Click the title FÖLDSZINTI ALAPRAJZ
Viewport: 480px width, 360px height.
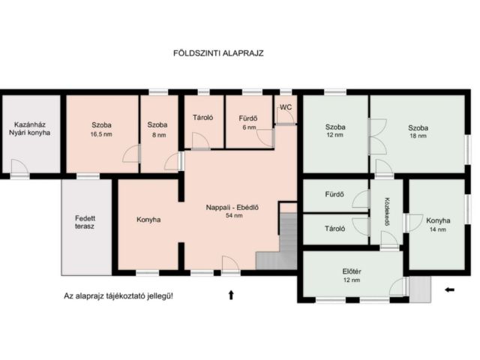[x=218, y=53]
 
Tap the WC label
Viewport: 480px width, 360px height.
[x=286, y=107]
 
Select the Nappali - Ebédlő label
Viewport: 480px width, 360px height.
[x=232, y=208]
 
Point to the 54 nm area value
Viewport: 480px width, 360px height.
[x=234, y=215]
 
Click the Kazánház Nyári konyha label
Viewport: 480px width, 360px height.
[x=30, y=129]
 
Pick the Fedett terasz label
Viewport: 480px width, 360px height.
[x=85, y=223]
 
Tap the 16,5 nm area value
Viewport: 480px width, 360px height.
[x=101, y=134]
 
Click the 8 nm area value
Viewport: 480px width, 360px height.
[x=159, y=135]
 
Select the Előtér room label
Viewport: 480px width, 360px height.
[x=352, y=271]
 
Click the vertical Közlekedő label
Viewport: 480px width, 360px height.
[x=387, y=211]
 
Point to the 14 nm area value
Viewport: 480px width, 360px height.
[x=438, y=229]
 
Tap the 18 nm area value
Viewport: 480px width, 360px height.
[x=418, y=136]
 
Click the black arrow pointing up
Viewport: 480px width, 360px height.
[x=231, y=295]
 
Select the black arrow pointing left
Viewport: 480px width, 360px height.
[x=450, y=289]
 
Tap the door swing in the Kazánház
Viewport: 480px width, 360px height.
[x=20, y=167]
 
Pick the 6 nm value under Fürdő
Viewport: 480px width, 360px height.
[x=249, y=127]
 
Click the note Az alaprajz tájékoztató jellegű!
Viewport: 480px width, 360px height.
[x=118, y=296]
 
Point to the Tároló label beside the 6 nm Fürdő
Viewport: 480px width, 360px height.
[x=202, y=118]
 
